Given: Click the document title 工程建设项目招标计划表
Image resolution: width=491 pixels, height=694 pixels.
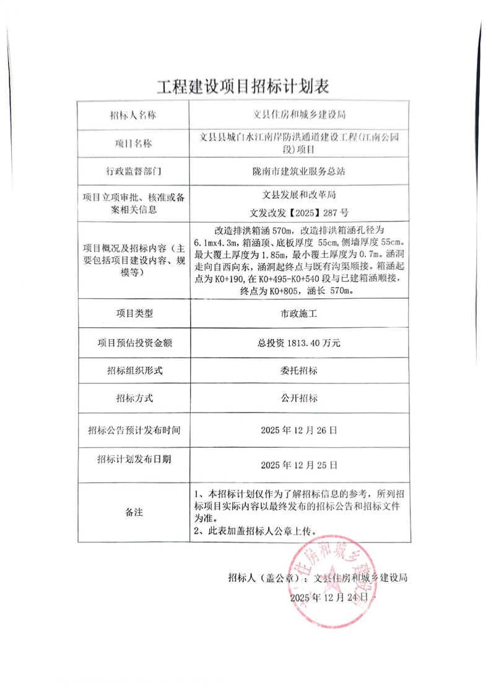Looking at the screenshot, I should pyautogui.click(x=245, y=86).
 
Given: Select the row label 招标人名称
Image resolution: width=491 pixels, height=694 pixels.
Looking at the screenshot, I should pyautogui.click(x=132, y=115).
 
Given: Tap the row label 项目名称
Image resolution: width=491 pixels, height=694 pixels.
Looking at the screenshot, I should pyautogui.click(x=133, y=144).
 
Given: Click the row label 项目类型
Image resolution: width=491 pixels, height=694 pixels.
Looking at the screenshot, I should pyautogui.click(x=133, y=314).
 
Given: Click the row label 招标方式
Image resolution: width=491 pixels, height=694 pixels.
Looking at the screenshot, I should pyautogui.click(x=133, y=399).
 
